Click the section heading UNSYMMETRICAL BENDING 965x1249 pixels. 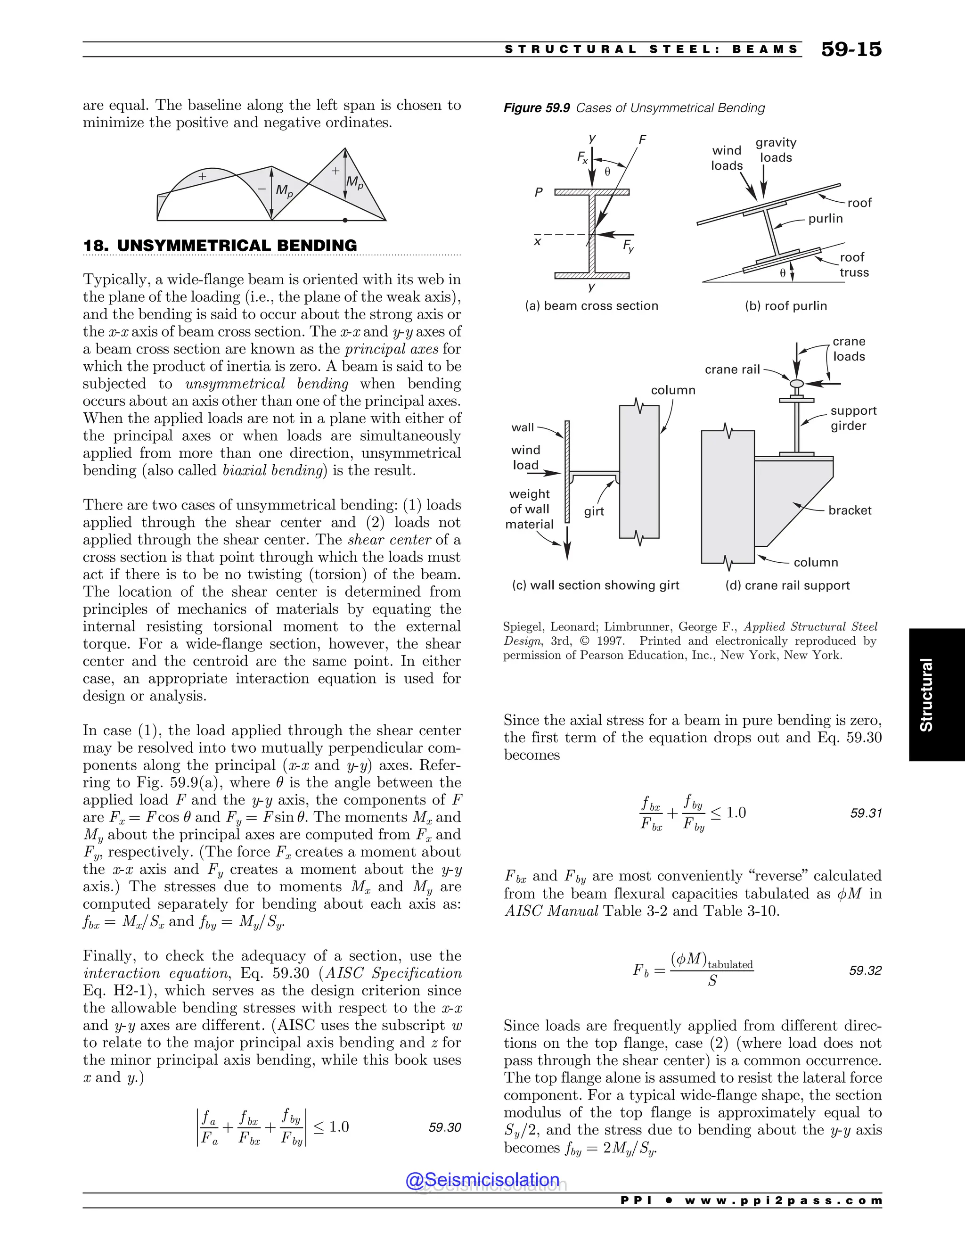[237, 246]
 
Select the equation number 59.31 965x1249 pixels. [866, 813]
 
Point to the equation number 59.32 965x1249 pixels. [865, 970]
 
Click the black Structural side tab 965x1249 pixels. [926, 694]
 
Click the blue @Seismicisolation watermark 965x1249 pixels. [482, 1180]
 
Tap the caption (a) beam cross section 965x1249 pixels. [591, 306]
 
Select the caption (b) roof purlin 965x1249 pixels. [785, 306]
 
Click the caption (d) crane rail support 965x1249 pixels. [787, 585]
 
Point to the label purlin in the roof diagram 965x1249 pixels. [825, 219]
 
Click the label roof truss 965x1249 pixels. [853, 265]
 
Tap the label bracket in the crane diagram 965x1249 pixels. [850, 510]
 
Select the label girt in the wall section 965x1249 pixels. [594, 512]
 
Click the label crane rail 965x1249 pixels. [732, 370]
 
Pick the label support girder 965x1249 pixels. [853, 418]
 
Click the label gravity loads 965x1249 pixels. [776, 150]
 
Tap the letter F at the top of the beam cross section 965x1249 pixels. [643, 140]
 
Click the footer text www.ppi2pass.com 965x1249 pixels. [783, 1200]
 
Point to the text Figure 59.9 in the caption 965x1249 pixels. [536, 108]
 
